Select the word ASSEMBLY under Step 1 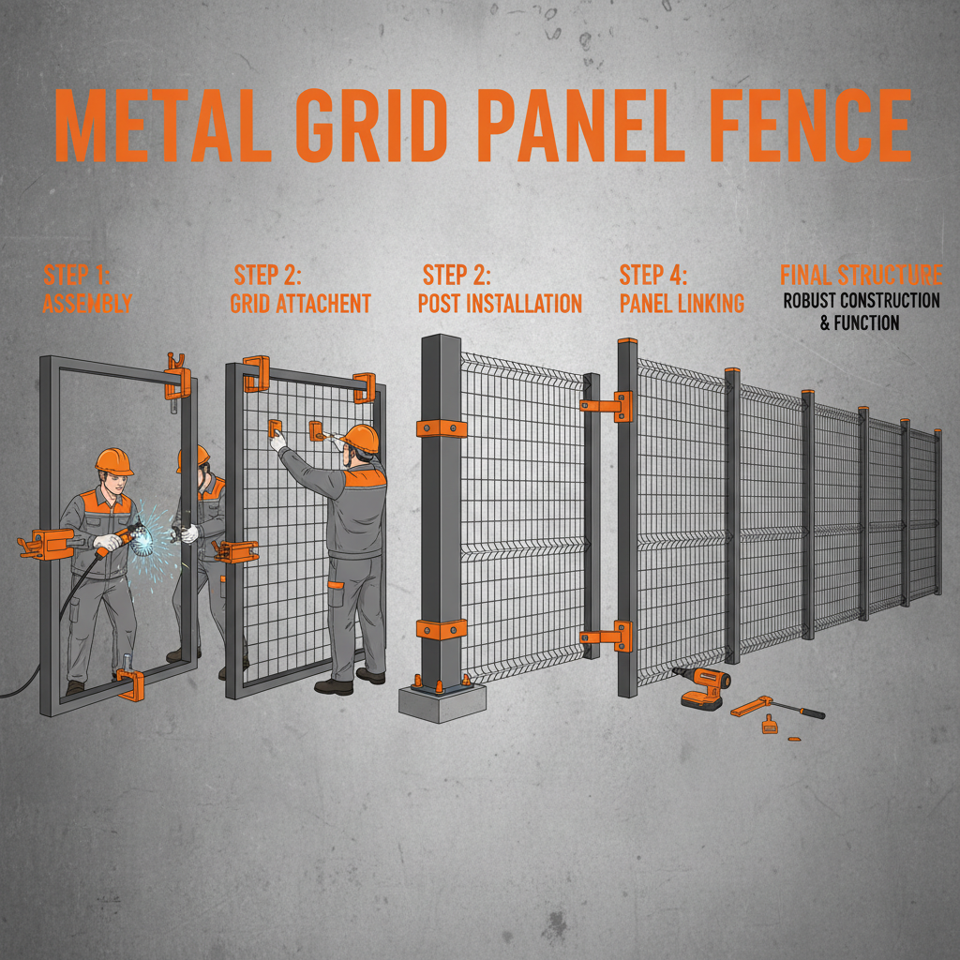click(x=87, y=304)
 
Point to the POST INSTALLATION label click(x=500, y=304)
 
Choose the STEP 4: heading click(x=653, y=276)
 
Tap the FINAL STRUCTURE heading click(x=861, y=275)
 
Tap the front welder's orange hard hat click(x=113, y=460)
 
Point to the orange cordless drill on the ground click(x=702, y=689)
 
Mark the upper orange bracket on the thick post click(x=442, y=428)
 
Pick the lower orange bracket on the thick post click(x=441, y=627)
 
